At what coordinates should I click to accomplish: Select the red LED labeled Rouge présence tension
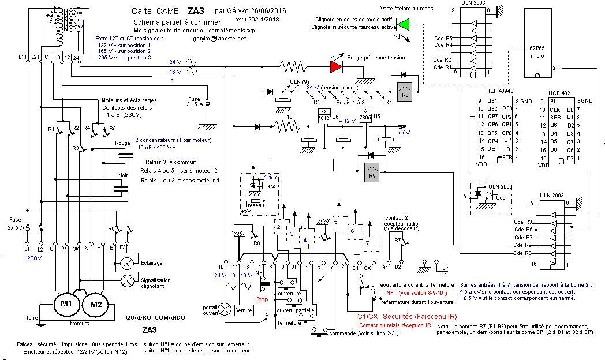click(335, 66)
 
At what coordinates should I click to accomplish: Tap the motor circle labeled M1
click(66, 303)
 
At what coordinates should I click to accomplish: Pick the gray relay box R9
click(372, 174)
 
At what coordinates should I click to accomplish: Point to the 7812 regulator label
click(325, 117)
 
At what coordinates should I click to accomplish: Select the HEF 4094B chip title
click(500, 91)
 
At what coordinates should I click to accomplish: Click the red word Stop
click(262, 299)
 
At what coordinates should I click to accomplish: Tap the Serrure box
click(244, 310)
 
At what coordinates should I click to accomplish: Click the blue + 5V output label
click(404, 134)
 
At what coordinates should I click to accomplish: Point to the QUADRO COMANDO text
click(156, 317)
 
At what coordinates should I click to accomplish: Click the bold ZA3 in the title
click(195, 10)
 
